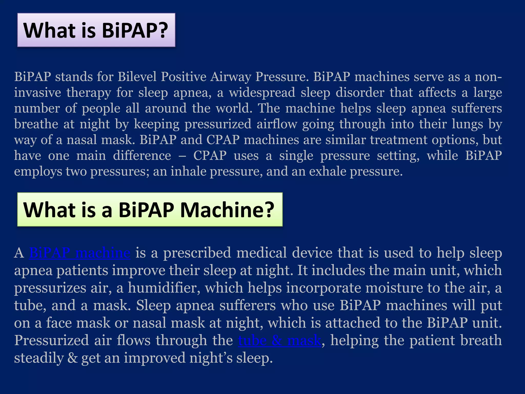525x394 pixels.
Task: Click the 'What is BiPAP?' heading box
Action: (x=96, y=30)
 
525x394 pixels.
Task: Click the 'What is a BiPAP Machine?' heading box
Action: (x=150, y=209)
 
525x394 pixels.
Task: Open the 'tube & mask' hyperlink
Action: (x=279, y=340)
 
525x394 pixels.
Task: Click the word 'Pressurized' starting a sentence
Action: (x=51, y=340)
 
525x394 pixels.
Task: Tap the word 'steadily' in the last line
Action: (x=39, y=358)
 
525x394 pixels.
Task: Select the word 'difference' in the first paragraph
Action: (x=142, y=156)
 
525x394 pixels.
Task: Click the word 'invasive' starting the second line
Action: (x=37, y=93)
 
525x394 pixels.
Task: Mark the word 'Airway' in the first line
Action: (x=230, y=77)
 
